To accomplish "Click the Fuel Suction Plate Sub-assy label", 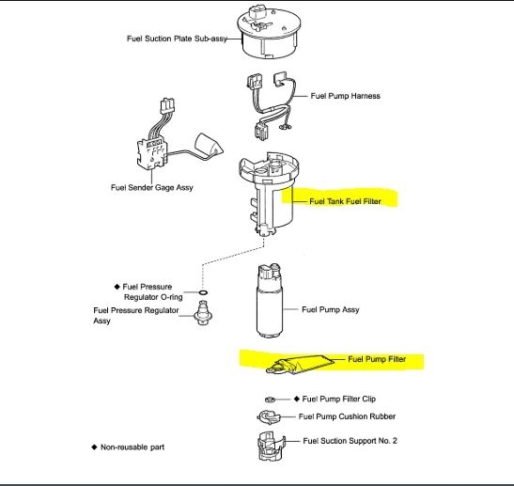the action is click(x=177, y=39).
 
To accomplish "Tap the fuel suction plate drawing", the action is click(x=269, y=32).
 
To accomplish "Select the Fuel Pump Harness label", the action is click(x=345, y=96).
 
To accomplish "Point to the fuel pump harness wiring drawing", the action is click(x=272, y=105).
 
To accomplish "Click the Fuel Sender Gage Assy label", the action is click(x=152, y=188).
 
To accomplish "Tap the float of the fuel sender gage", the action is click(x=209, y=145).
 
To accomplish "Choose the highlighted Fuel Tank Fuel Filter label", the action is click(x=345, y=201).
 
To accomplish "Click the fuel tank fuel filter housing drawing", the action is click(x=269, y=195).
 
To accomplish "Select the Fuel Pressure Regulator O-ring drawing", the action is click(x=203, y=292).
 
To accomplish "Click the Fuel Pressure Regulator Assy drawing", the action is click(x=203, y=313).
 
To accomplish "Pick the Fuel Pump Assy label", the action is click(x=331, y=309).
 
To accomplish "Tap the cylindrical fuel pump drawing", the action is click(x=269, y=301).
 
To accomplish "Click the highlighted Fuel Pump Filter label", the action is click(x=377, y=359).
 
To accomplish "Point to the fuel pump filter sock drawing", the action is click(x=300, y=365).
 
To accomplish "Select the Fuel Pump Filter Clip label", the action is click(x=338, y=399).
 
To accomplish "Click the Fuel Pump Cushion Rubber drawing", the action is click(x=269, y=417).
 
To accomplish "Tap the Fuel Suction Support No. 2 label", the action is click(x=350, y=441).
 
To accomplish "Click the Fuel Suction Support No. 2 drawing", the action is click(x=272, y=447).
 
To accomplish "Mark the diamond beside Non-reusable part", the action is click(x=94, y=447).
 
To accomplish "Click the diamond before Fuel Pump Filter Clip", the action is click(x=297, y=399).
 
